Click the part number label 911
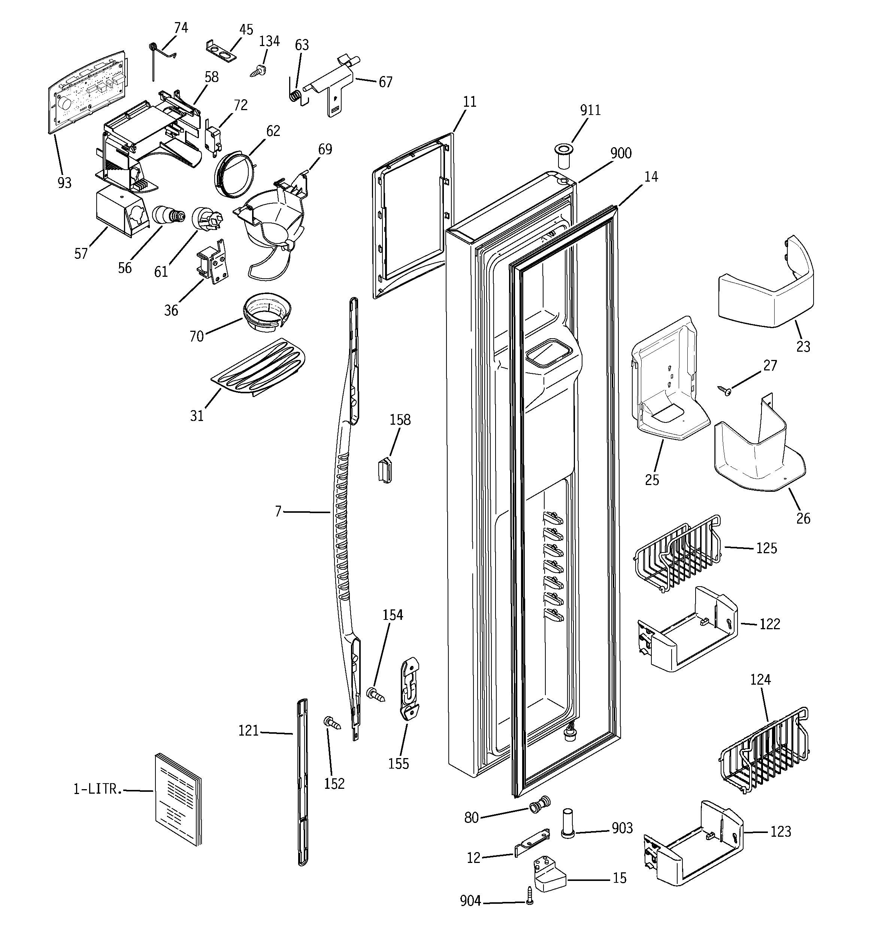pos(590,110)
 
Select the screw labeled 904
pos(529,902)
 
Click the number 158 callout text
pos(400,420)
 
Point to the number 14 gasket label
pos(651,177)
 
